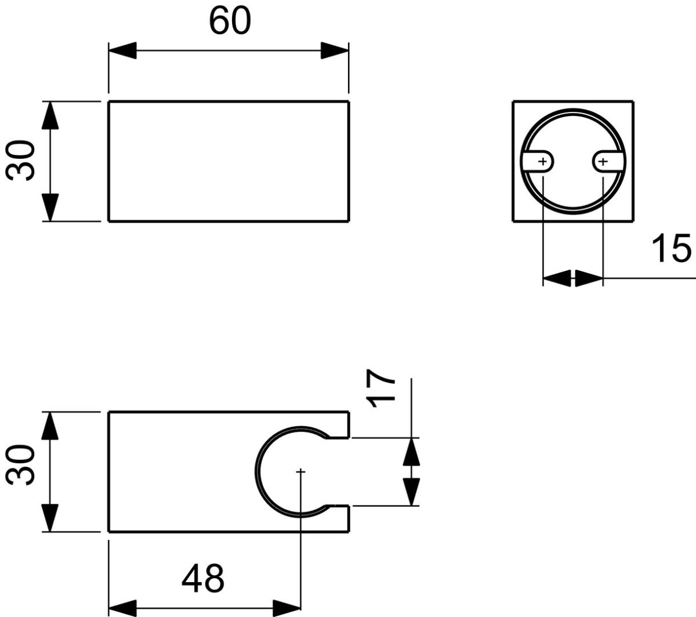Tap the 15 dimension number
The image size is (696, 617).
(x=671, y=248)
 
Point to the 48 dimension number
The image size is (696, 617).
(x=202, y=578)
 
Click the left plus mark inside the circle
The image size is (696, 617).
(x=543, y=162)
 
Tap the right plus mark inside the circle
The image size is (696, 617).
(x=603, y=162)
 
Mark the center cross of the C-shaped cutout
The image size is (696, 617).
(x=300, y=472)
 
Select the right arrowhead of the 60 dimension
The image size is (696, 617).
(x=335, y=50)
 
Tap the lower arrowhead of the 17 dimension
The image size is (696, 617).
(x=412, y=492)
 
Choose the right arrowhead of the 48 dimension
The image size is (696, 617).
(x=287, y=608)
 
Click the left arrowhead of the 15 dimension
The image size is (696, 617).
(x=557, y=278)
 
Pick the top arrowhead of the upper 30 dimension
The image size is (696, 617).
(x=51, y=115)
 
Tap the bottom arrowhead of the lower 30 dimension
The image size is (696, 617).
(x=51, y=517)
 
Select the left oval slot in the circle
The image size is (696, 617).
(x=538, y=162)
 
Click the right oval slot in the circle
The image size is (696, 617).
(x=607, y=162)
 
